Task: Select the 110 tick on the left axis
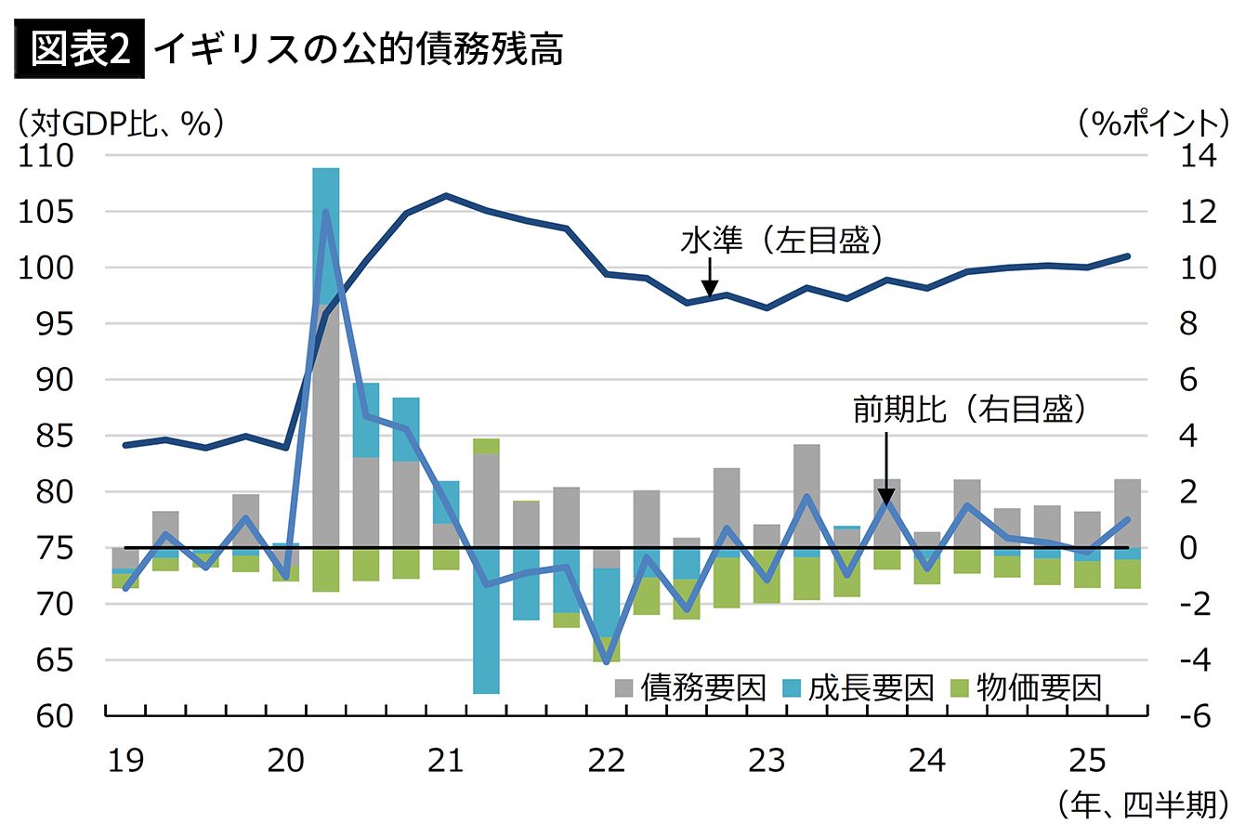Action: tap(46, 156)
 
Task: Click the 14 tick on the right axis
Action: tap(1198, 156)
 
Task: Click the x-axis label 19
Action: tap(125, 761)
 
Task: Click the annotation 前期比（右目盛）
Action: tap(969, 410)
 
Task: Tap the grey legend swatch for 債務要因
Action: tap(624, 688)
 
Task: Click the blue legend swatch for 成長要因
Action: tap(792, 688)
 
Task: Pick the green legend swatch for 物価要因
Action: tap(959, 688)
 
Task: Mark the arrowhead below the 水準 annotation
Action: tap(709, 290)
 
